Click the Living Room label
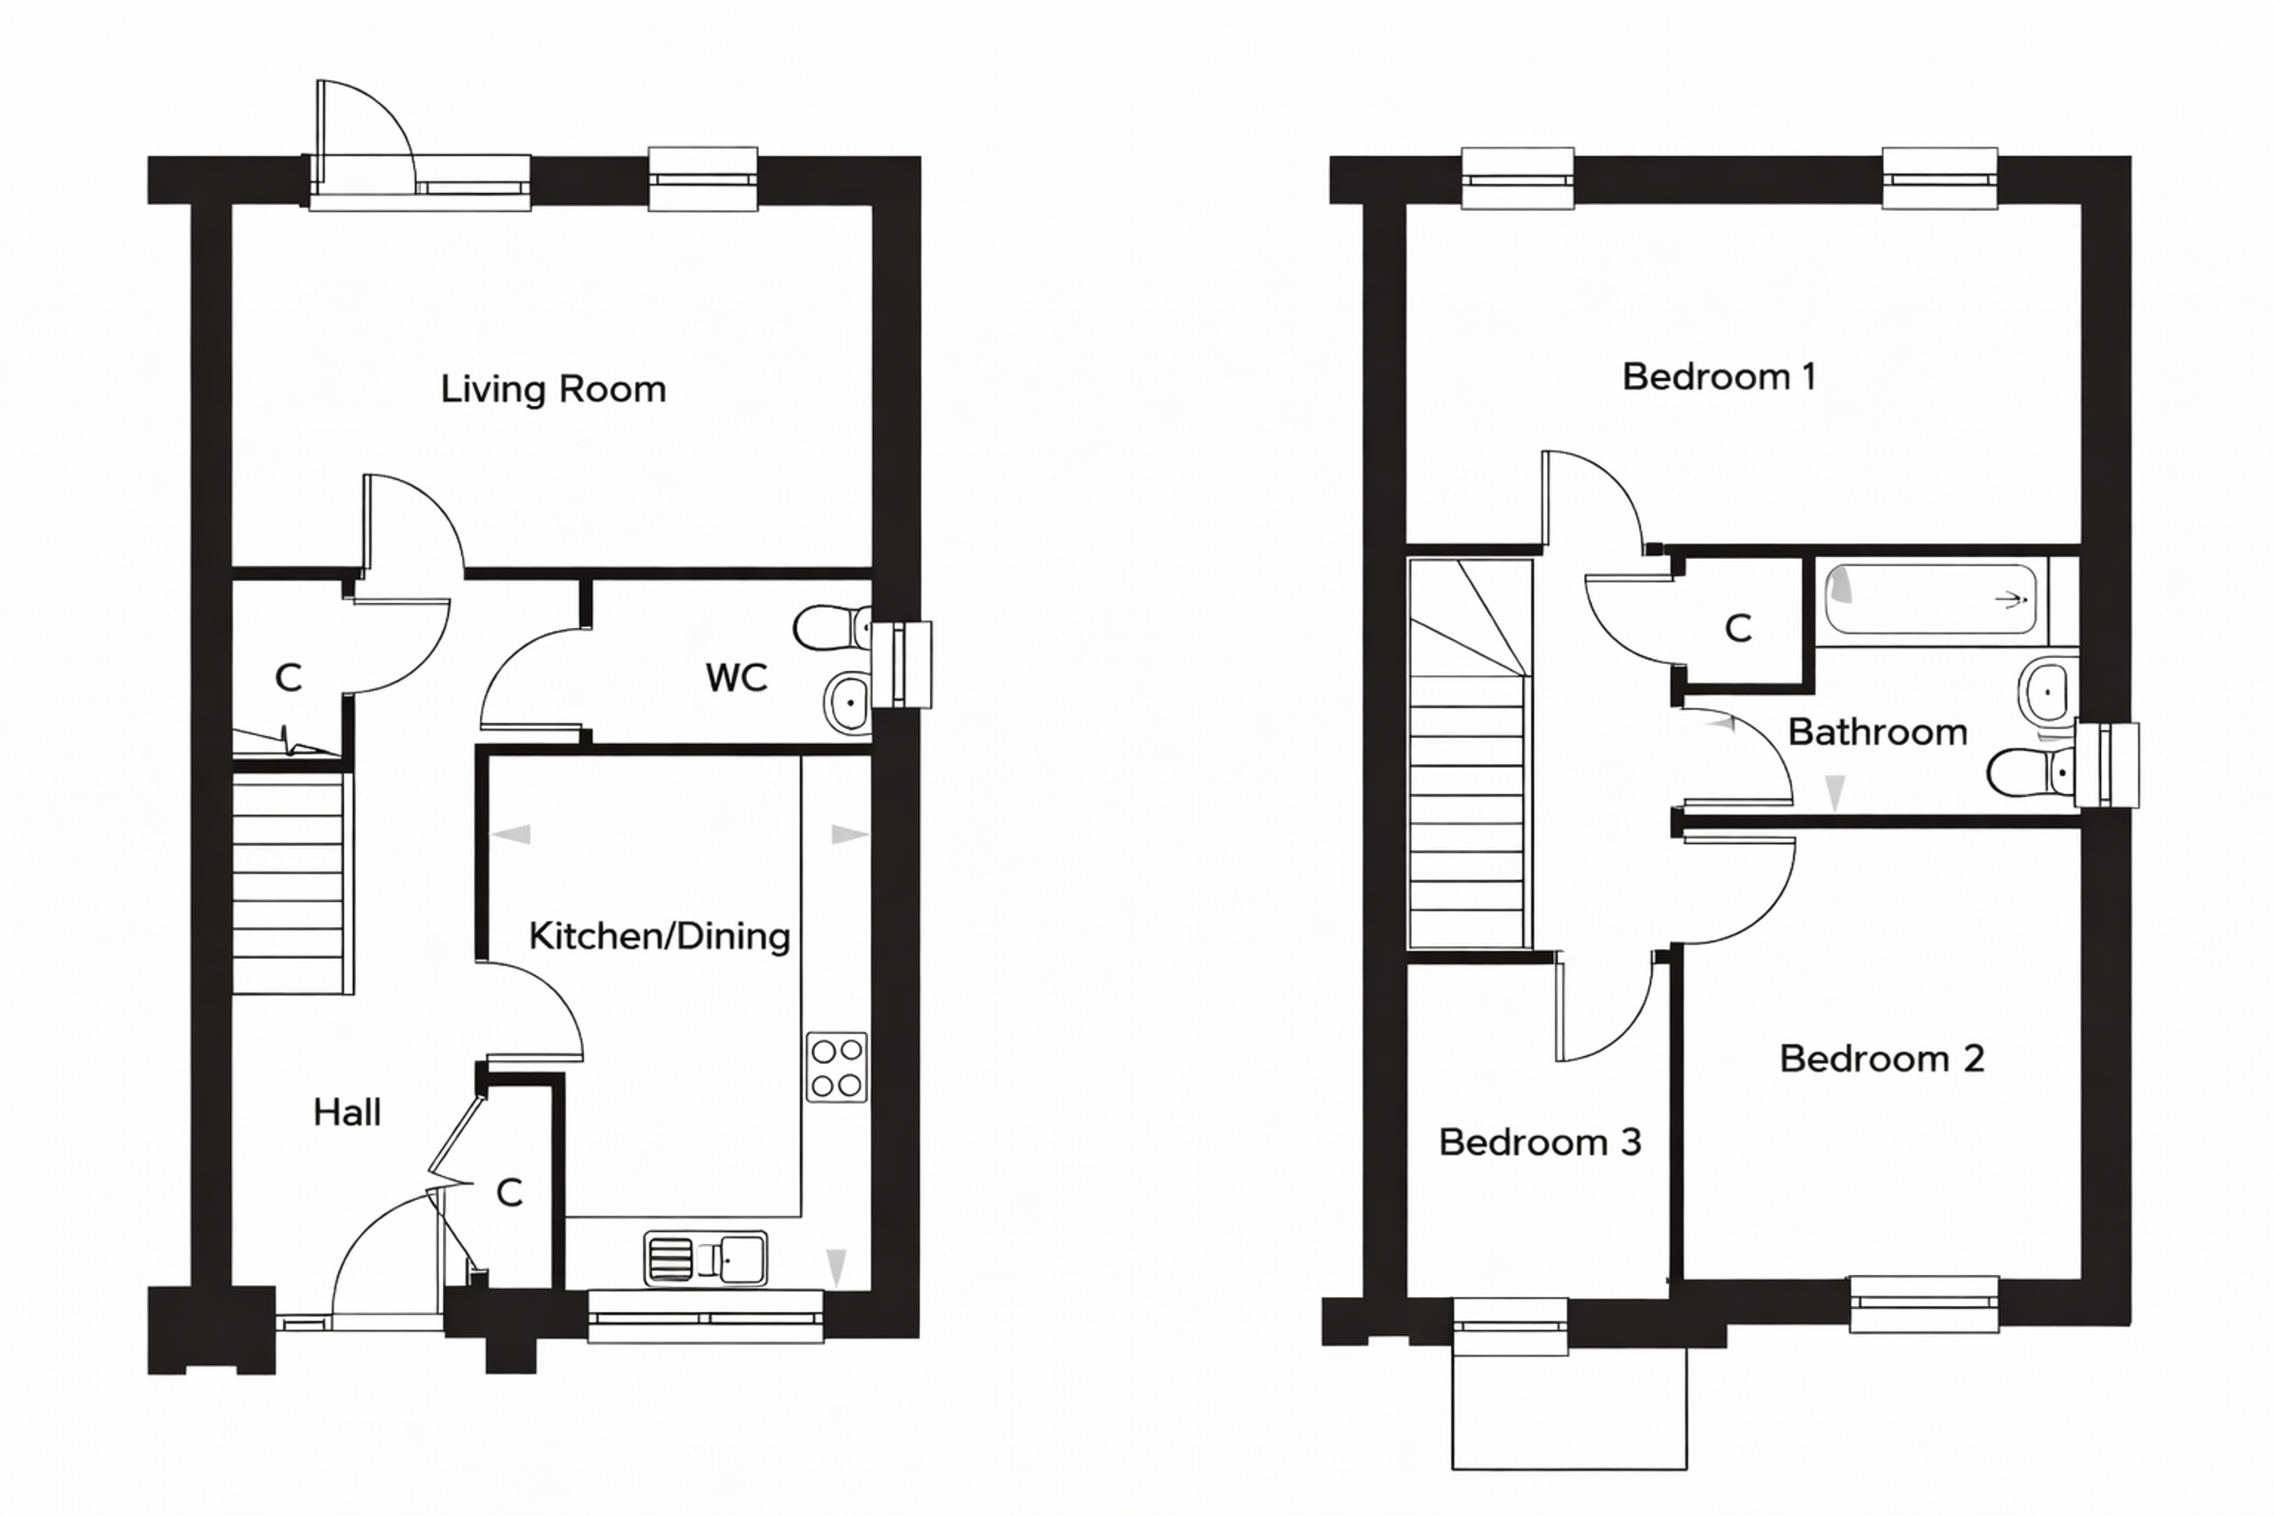[x=553, y=389]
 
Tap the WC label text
[x=736, y=678]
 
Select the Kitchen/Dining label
[x=660, y=936]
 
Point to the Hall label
[x=347, y=1112]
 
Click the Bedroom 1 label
[x=1719, y=376]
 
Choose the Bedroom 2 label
[x=1881, y=1059]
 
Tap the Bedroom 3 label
[x=1540, y=1142]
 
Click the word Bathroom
[x=1878, y=732]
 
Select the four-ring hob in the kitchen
[x=837, y=1067]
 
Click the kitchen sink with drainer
[x=705, y=1258]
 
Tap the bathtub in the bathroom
[x=1931, y=600]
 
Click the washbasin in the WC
[x=848, y=703]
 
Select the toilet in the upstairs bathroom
[x=2031, y=774]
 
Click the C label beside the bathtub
[x=1738, y=629]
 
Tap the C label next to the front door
[x=510, y=1193]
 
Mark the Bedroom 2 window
[x=1924, y=1304]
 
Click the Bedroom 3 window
[x=1511, y=1326]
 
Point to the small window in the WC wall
[x=901, y=665]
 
